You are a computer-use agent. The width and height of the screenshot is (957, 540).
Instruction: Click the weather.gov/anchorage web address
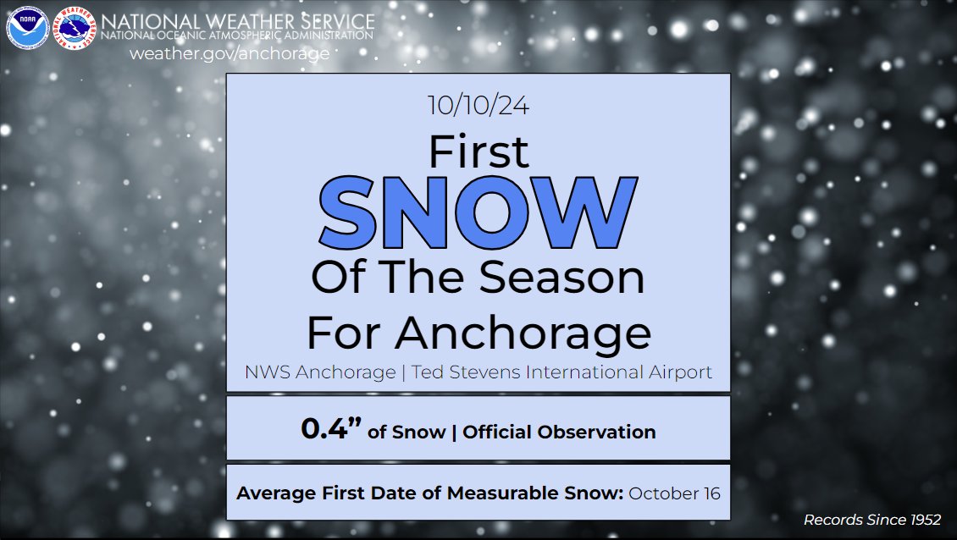click(x=229, y=53)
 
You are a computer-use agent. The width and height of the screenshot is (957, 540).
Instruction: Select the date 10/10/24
click(x=479, y=107)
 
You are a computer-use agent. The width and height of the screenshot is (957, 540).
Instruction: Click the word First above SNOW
click(x=479, y=152)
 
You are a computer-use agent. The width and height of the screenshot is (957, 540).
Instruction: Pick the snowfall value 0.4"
click(x=331, y=430)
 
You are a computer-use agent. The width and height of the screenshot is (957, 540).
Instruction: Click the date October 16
click(x=675, y=493)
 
